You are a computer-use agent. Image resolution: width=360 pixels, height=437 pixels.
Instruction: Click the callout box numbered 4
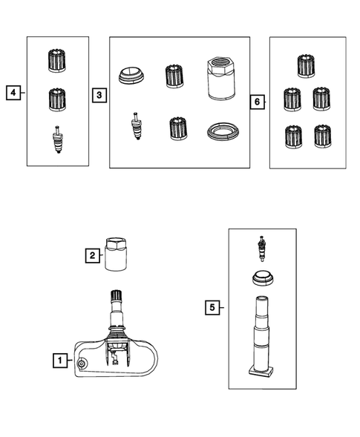click(x=13, y=93)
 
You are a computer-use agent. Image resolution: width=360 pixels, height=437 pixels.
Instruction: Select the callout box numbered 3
click(x=99, y=95)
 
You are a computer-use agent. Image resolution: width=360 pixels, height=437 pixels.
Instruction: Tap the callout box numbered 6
click(x=257, y=102)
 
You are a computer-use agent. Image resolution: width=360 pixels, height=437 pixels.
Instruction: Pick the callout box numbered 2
click(x=93, y=255)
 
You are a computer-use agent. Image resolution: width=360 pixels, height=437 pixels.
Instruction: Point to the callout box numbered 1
click(x=60, y=361)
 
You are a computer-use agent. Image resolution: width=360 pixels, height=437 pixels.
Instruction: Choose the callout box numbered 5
click(x=212, y=307)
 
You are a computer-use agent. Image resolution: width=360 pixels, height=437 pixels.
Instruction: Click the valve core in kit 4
click(x=57, y=139)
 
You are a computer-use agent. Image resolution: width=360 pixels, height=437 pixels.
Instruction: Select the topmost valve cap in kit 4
click(x=57, y=61)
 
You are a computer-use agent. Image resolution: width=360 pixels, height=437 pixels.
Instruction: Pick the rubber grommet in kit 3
click(x=131, y=75)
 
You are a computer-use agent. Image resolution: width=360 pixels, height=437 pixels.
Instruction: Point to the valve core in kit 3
click(x=136, y=125)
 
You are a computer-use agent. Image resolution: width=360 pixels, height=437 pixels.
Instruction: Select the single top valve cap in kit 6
click(x=306, y=66)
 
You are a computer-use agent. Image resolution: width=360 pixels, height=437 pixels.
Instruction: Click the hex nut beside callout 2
click(x=116, y=254)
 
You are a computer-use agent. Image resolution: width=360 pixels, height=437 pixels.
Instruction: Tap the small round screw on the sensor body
click(x=82, y=364)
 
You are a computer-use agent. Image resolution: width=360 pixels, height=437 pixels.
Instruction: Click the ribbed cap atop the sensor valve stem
click(x=117, y=295)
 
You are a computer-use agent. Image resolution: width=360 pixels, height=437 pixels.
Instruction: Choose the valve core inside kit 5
click(x=261, y=249)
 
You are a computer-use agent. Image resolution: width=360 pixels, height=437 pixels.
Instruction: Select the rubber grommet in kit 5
click(x=263, y=277)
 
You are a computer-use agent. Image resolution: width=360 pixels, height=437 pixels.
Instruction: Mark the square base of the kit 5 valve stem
click(x=261, y=372)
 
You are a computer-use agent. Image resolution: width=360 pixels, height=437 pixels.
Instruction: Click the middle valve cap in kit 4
click(x=57, y=99)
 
